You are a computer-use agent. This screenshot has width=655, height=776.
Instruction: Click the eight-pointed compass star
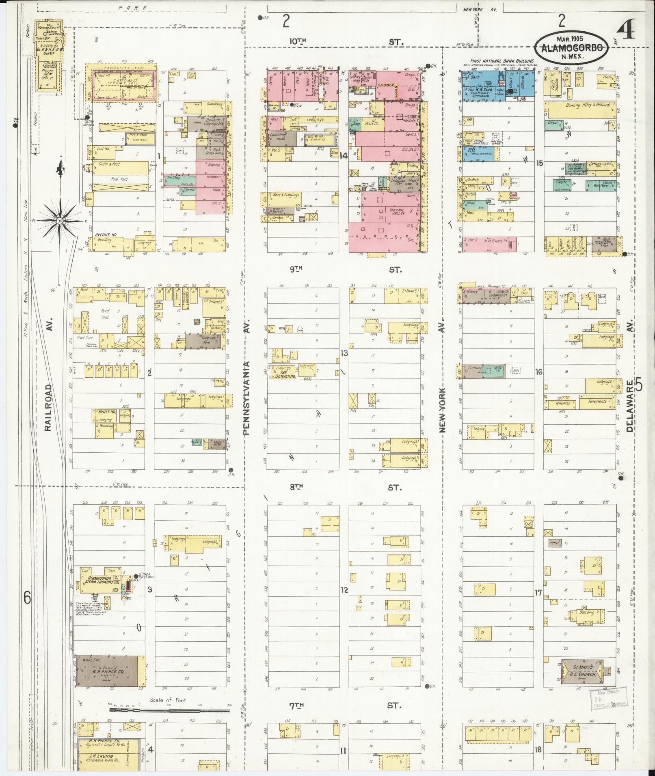pos(60,221)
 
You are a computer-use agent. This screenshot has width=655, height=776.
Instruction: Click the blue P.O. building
pos(477,151)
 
